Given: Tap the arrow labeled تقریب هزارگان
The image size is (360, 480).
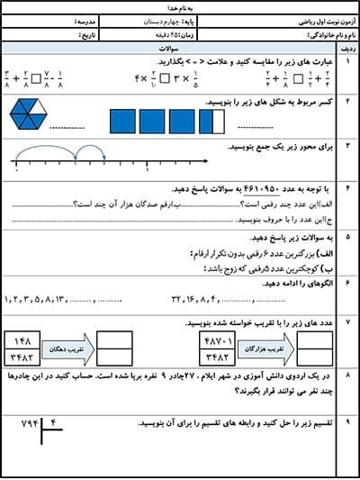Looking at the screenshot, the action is [x=261, y=348].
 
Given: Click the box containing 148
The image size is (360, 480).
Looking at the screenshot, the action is [x=24, y=340].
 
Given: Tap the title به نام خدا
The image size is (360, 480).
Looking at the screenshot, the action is [x=180, y=5].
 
